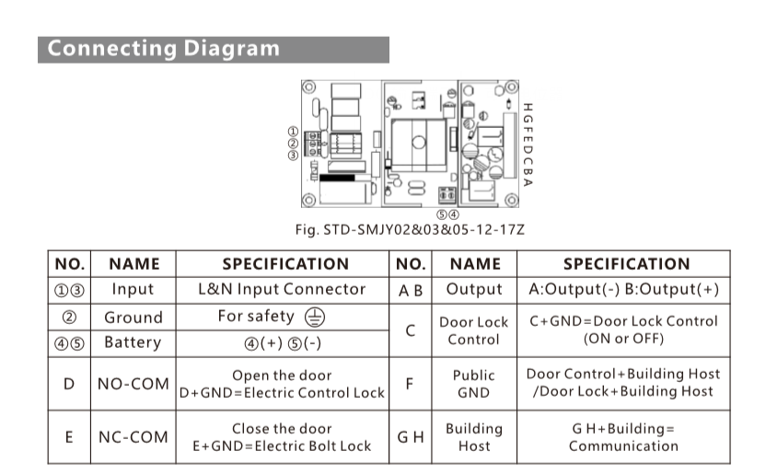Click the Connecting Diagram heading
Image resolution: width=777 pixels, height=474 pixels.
(164, 49)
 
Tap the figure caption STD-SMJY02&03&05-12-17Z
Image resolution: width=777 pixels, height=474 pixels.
(410, 230)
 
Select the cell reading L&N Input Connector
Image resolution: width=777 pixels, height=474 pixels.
(282, 289)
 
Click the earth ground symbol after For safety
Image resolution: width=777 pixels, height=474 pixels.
(315, 317)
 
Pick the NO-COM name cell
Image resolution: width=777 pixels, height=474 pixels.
(133, 384)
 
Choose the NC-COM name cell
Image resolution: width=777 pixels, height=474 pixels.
(133, 437)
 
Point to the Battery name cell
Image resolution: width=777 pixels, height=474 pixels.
(133, 342)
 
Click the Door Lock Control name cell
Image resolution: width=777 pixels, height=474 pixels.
(474, 330)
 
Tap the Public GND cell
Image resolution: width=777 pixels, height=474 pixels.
(474, 384)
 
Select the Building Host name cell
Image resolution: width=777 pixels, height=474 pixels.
(474, 437)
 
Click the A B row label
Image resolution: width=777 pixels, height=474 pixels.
(411, 291)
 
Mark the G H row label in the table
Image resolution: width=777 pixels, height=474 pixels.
(411, 437)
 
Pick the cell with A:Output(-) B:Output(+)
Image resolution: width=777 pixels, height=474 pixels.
(623, 289)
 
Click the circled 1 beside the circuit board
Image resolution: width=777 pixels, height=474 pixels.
(293, 132)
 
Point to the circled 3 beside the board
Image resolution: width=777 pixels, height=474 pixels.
(293, 155)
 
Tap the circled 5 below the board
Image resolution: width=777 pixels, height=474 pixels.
(442, 214)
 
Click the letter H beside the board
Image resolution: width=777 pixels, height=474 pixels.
(528, 108)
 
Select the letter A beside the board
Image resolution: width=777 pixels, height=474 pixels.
(528, 182)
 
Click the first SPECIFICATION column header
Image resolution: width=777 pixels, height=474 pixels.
(285, 264)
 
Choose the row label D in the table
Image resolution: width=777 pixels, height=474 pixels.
(69, 384)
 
